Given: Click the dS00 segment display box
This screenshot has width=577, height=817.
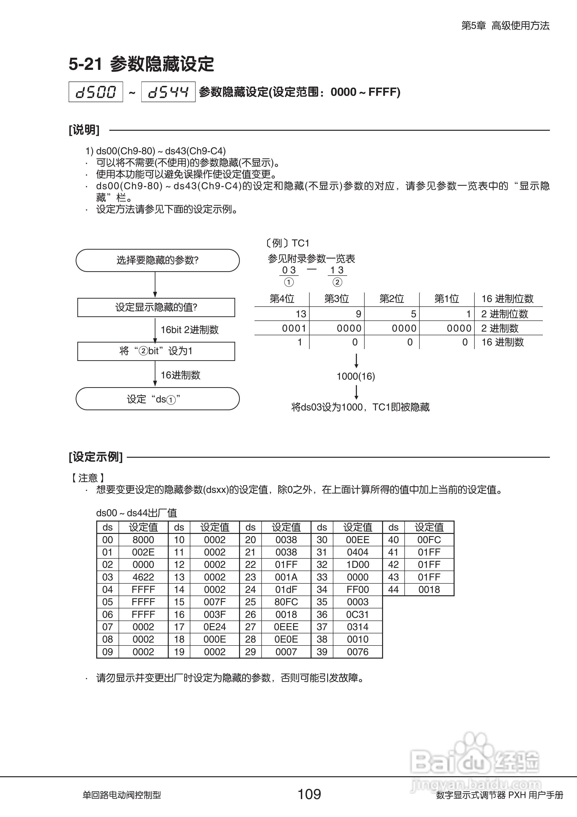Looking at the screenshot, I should click(x=96, y=92).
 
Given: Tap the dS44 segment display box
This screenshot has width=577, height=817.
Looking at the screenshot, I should click(x=168, y=92).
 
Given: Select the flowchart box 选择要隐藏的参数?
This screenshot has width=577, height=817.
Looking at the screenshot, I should click(x=158, y=260).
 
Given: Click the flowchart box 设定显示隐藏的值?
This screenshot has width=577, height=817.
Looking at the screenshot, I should click(x=156, y=307).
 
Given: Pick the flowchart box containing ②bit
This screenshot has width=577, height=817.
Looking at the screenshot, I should click(x=156, y=351).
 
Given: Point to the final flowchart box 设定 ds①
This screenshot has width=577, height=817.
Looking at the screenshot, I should click(x=158, y=399).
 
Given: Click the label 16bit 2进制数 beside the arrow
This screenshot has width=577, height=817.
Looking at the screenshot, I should click(x=190, y=329).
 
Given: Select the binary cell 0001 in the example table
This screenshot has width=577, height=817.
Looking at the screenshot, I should click(x=294, y=328).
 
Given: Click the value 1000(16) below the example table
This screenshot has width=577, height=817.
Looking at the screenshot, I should click(x=356, y=376).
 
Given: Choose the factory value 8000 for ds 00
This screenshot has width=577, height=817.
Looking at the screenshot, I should click(x=143, y=540).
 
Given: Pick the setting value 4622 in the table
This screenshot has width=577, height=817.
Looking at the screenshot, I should click(x=143, y=577).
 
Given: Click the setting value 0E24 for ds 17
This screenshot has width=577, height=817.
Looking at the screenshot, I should click(x=215, y=627).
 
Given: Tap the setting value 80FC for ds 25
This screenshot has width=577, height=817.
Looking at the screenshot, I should click(x=286, y=602).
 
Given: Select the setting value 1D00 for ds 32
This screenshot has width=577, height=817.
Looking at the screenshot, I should click(x=358, y=565).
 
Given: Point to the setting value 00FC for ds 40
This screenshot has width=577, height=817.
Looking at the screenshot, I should click(x=429, y=540).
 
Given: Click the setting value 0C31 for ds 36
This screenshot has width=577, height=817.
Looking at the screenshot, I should click(x=358, y=614).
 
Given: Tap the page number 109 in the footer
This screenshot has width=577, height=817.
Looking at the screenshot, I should click(x=309, y=794).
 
